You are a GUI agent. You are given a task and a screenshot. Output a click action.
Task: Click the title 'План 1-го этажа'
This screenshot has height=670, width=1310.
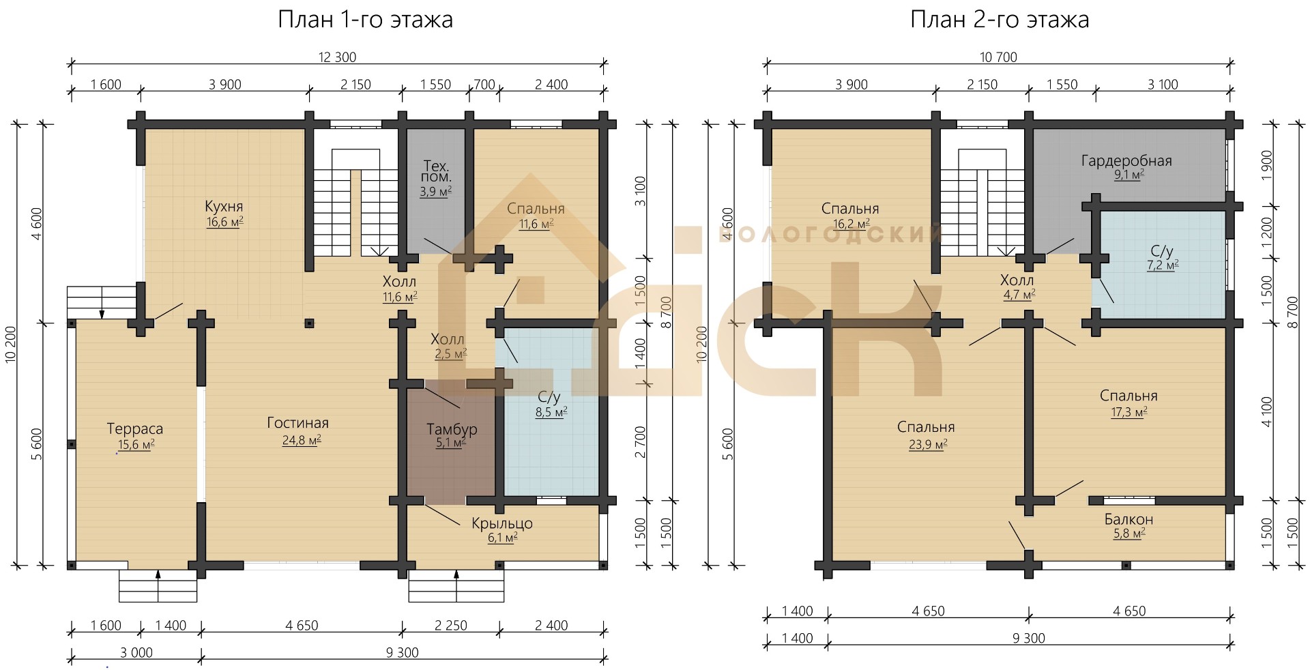click(x=365, y=20)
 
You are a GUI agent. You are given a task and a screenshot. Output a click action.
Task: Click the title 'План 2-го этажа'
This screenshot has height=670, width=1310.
click(x=1000, y=20)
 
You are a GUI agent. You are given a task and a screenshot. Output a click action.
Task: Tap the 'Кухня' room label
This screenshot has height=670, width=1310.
click(x=224, y=206)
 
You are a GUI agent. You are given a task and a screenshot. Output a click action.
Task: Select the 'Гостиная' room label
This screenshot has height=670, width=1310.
click(x=298, y=423)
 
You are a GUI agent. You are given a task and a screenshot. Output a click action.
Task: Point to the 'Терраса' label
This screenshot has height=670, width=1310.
click(x=135, y=428)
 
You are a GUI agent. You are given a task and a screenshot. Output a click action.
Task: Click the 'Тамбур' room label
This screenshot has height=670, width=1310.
click(x=452, y=429)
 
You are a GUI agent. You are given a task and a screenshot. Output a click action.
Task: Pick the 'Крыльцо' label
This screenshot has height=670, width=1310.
click(x=502, y=523)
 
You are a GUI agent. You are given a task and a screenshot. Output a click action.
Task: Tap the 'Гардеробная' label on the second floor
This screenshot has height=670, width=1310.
click(x=1126, y=161)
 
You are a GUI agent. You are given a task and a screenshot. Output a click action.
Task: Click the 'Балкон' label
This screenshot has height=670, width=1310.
click(x=1129, y=519)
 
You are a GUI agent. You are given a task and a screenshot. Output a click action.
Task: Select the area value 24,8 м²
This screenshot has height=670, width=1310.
click(x=302, y=440)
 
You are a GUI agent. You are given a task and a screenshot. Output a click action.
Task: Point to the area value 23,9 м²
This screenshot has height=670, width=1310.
click(x=927, y=444)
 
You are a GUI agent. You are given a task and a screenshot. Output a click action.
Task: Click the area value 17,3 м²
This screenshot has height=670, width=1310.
click(x=1129, y=412)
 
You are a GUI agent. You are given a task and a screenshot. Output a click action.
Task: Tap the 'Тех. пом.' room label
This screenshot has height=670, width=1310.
click(x=437, y=171)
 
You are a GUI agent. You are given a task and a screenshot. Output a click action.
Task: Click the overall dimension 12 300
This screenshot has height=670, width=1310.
click(x=338, y=57)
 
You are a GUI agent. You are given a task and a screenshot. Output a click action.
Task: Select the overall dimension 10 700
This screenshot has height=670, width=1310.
click(x=998, y=57)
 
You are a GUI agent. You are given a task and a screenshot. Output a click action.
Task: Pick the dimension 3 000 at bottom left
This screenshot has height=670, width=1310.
click(x=136, y=652)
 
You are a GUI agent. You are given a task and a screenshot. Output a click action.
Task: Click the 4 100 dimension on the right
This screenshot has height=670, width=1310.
click(x=1268, y=412)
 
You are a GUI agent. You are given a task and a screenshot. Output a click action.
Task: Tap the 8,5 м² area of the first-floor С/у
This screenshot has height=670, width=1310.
click(x=551, y=412)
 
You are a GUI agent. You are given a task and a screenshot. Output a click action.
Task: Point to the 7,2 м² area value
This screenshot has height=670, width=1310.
click(x=1163, y=265)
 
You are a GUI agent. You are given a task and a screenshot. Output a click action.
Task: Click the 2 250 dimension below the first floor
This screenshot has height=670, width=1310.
click(x=451, y=625)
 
